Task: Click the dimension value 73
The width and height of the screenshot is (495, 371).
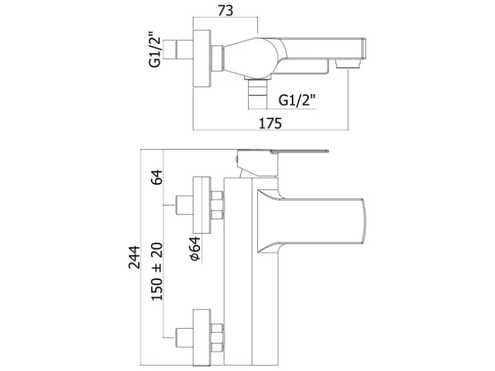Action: pos(225,10)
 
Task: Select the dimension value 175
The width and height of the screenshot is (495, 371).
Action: pos(271,123)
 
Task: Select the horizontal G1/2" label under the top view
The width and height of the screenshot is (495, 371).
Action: pos(296,100)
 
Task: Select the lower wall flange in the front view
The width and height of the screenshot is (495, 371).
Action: pos(203,333)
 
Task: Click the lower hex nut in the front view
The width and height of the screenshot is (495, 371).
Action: pos(218,333)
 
